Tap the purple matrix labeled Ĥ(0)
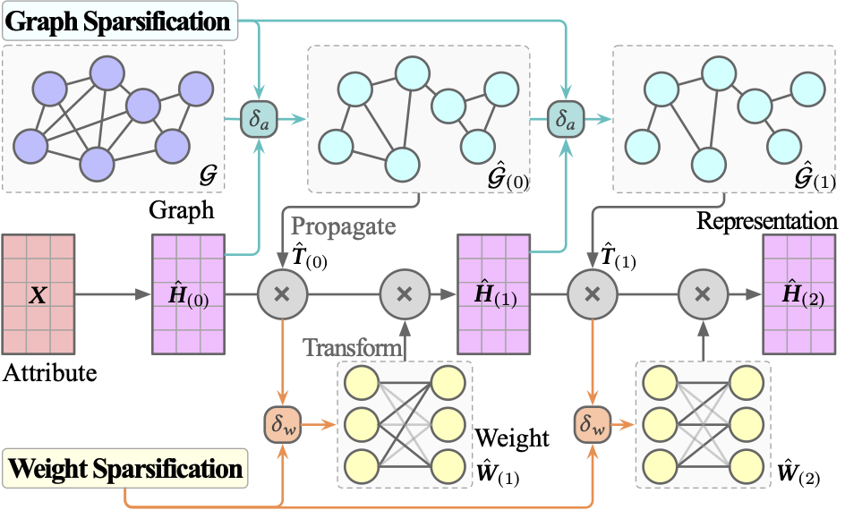(x=189, y=293)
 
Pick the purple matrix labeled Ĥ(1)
(x=493, y=293)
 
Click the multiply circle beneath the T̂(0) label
(x=283, y=293)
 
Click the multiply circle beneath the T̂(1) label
(x=591, y=293)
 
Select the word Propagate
(x=343, y=225)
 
